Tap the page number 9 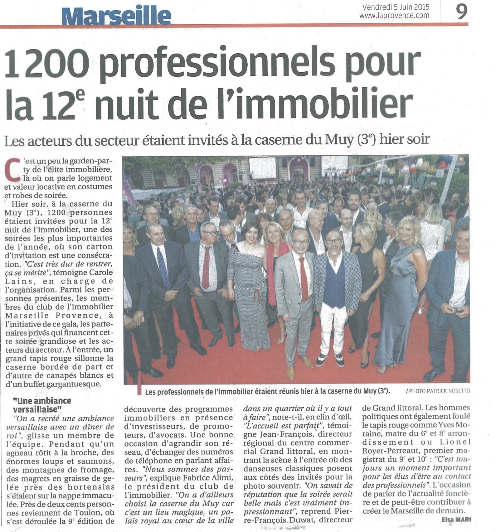pos(462,12)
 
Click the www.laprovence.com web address pos(394,15)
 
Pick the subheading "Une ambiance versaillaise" pos(42,404)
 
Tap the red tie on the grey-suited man pos(304,278)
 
